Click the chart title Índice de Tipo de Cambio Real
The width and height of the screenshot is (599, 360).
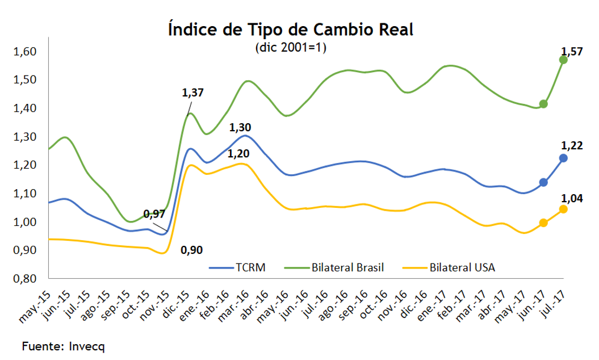[291, 30]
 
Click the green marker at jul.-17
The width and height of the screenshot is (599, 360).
[563, 60]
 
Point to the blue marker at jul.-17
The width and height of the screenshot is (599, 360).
[563, 158]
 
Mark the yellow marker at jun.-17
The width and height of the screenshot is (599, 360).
[543, 223]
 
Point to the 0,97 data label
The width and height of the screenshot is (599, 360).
[154, 214]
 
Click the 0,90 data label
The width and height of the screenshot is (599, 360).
[191, 249]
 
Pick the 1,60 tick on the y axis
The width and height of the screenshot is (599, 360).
[24, 52]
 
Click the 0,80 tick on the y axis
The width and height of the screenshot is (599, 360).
[24, 279]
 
